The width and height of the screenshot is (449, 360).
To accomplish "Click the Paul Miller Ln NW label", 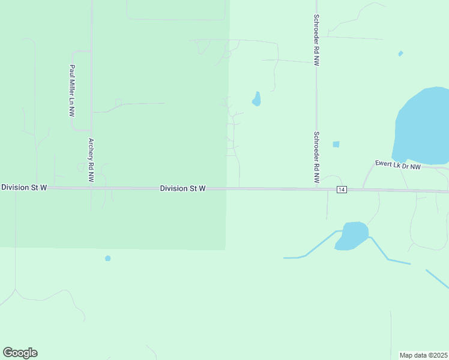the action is click(x=72, y=91).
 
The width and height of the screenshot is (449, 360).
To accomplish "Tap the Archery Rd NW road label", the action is click(x=91, y=160).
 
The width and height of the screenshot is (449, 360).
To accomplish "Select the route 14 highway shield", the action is click(x=342, y=190).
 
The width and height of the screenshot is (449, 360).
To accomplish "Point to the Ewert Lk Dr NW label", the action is click(x=398, y=164).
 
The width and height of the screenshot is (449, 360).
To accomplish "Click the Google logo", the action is click(x=20, y=353).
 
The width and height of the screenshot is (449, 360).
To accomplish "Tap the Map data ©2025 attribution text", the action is click(x=424, y=355).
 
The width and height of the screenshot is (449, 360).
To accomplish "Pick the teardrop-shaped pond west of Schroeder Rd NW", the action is click(x=256, y=99).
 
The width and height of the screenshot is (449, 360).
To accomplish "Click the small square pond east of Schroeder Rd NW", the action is click(x=336, y=144).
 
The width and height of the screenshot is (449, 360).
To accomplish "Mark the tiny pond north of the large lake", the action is click(x=400, y=53).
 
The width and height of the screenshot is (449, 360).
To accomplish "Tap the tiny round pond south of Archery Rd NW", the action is click(x=108, y=258).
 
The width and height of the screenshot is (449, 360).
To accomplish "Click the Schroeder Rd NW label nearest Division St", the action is click(x=316, y=158).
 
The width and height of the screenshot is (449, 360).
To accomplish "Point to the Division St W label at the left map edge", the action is click(x=24, y=188).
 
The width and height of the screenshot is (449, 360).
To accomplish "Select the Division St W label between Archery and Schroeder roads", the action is click(x=183, y=188).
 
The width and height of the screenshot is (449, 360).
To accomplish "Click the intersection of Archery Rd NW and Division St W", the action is click(x=91, y=188).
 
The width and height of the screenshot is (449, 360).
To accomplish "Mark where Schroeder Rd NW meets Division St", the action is click(x=316, y=189).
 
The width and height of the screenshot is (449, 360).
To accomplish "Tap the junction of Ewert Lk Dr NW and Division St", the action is click(x=364, y=190).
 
